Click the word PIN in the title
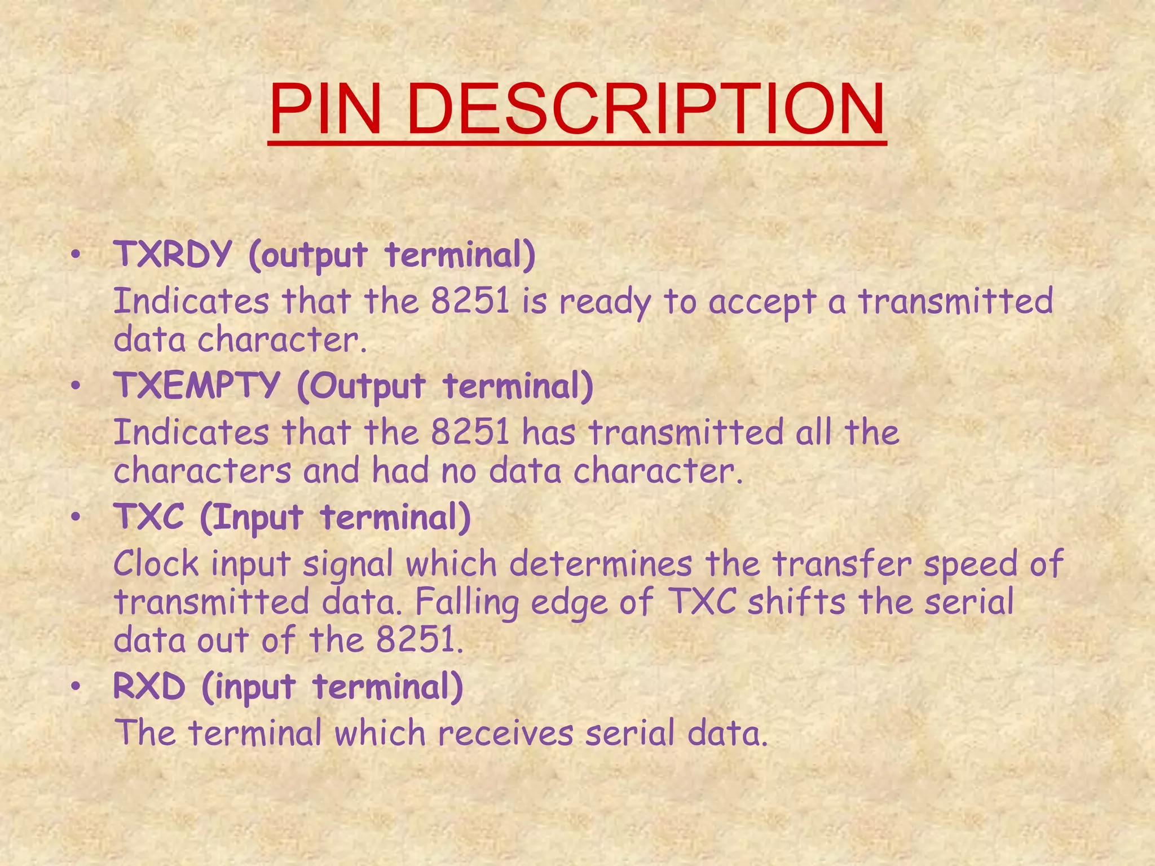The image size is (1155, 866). [326, 110]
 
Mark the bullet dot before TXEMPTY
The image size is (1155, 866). [76, 388]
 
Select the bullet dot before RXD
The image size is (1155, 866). [76, 688]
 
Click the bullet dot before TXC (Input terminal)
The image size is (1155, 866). [76, 518]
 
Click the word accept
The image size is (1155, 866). [762, 302]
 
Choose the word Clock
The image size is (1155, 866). [156, 563]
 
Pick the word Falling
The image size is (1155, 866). [467, 602]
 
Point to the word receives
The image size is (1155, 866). [505, 733]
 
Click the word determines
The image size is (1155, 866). [600, 563]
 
